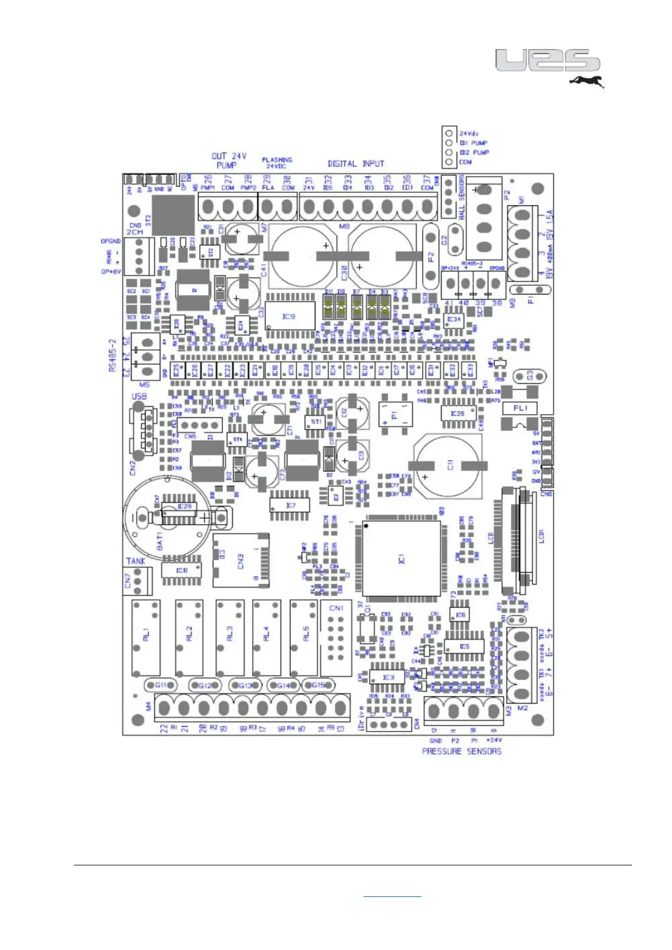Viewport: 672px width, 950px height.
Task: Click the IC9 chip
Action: (x=289, y=316)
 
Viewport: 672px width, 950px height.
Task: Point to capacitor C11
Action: (x=449, y=465)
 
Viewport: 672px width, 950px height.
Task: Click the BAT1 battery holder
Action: (x=168, y=518)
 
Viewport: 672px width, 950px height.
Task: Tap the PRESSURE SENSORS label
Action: (x=462, y=751)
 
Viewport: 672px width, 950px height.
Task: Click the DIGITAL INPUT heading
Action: (x=356, y=164)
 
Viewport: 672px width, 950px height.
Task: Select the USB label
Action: (x=139, y=397)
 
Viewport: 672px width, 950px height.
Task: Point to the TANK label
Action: (x=136, y=561)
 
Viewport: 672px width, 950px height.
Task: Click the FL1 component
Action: (x=520, y=408)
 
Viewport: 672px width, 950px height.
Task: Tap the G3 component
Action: (x=529, y=376)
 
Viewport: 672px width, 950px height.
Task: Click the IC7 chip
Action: (x=290, y=505)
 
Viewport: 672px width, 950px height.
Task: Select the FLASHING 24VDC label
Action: (x=277, y=163)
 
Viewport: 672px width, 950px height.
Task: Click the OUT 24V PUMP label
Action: (x=229, y=160)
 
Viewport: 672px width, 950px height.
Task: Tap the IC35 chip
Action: (x=458, y=414)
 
